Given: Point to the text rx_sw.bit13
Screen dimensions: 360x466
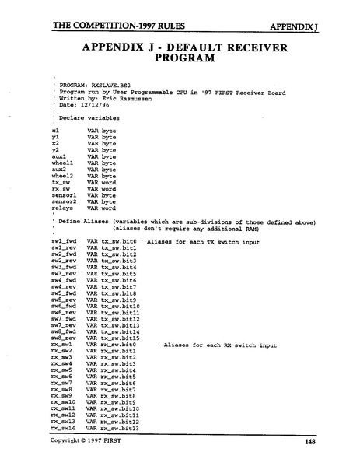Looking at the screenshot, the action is tap(121, 428).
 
